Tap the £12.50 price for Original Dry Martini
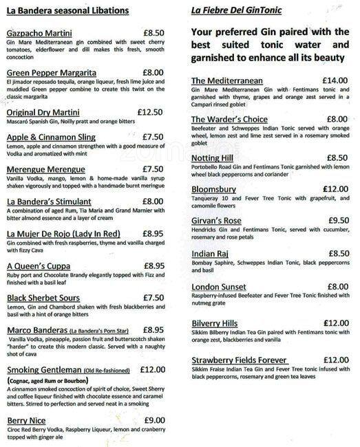pos(150,112)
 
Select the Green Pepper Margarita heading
pos(51,72)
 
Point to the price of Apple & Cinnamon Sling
pos(152,136)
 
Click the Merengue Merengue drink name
pos(45,168)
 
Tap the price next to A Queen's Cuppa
pos(154,265)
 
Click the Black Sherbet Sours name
pos(45,297)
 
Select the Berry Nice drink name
pos(27,420)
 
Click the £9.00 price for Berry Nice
pos(154,420)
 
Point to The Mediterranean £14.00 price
pos(335,80)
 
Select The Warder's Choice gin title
pos(229,119)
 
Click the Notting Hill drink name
pos(214,157)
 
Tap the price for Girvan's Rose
pos(337,221)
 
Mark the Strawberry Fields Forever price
pos(335,360)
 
